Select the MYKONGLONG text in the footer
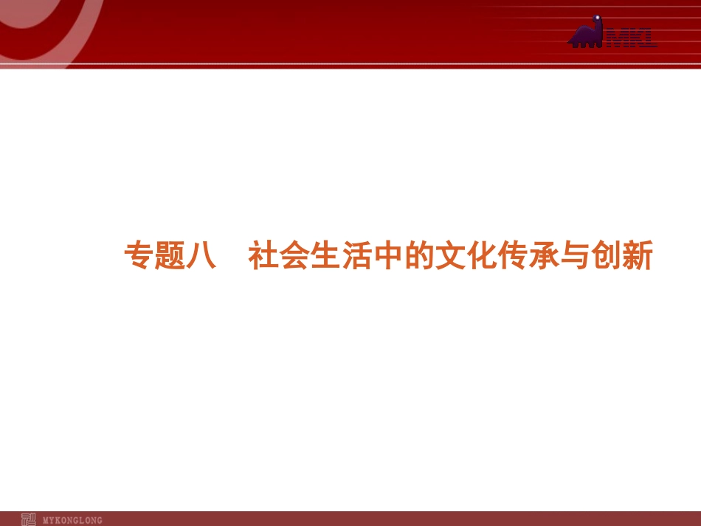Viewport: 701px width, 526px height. click(73, 520)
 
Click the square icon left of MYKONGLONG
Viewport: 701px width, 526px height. click(28, 519)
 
